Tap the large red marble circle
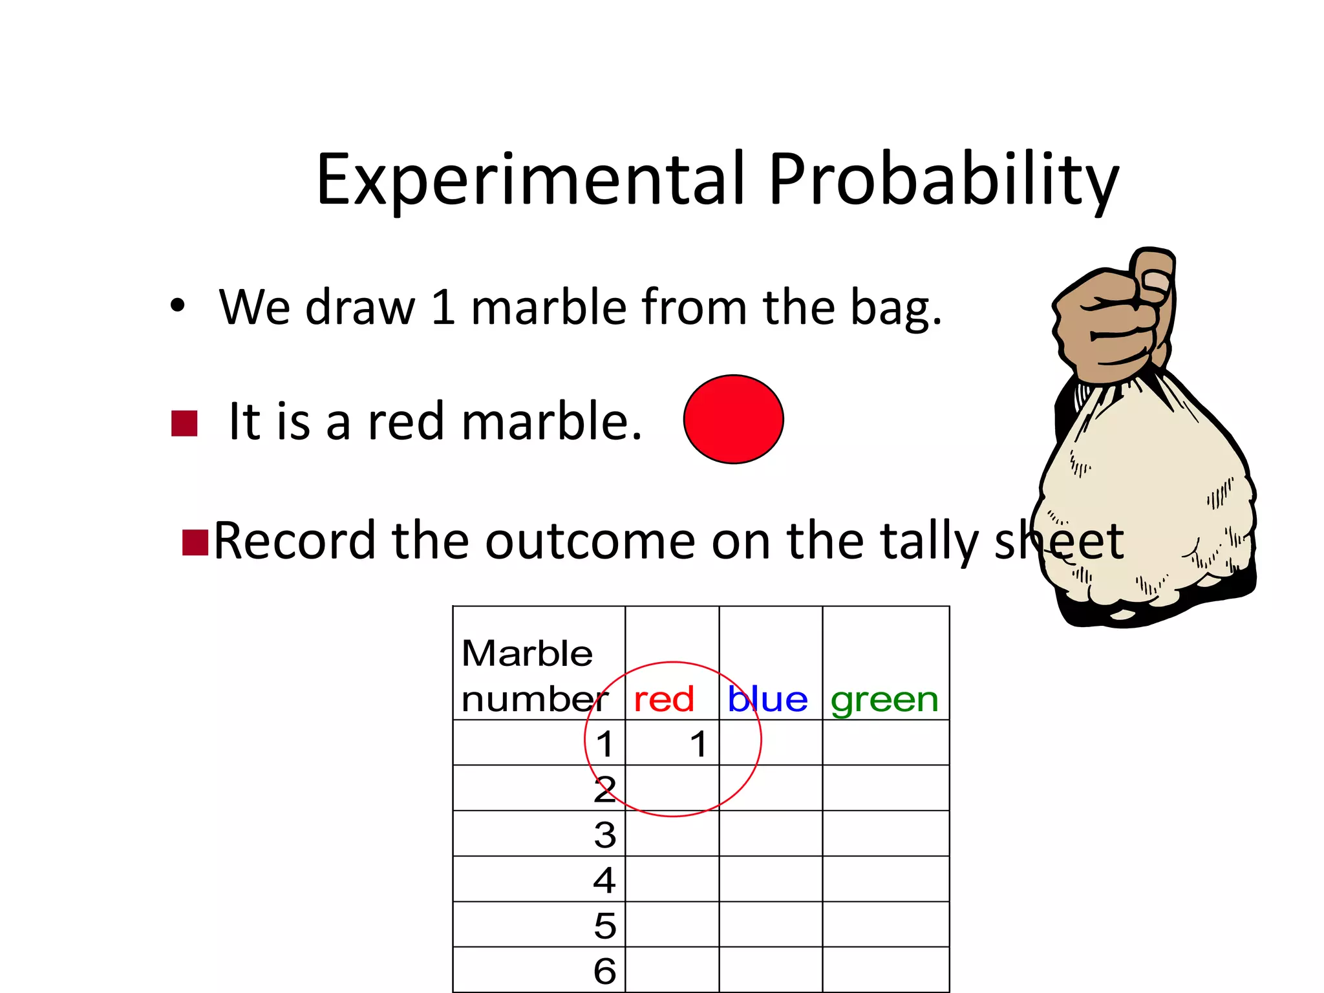733,419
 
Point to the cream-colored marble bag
1144,504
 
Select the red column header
664,699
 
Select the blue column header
767,699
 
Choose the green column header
884,699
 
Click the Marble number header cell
530,676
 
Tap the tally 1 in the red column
698,743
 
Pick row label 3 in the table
604,835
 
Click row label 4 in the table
604,880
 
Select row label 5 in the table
604,925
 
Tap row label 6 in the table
604,970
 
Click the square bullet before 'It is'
184,424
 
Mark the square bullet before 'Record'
195,542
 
